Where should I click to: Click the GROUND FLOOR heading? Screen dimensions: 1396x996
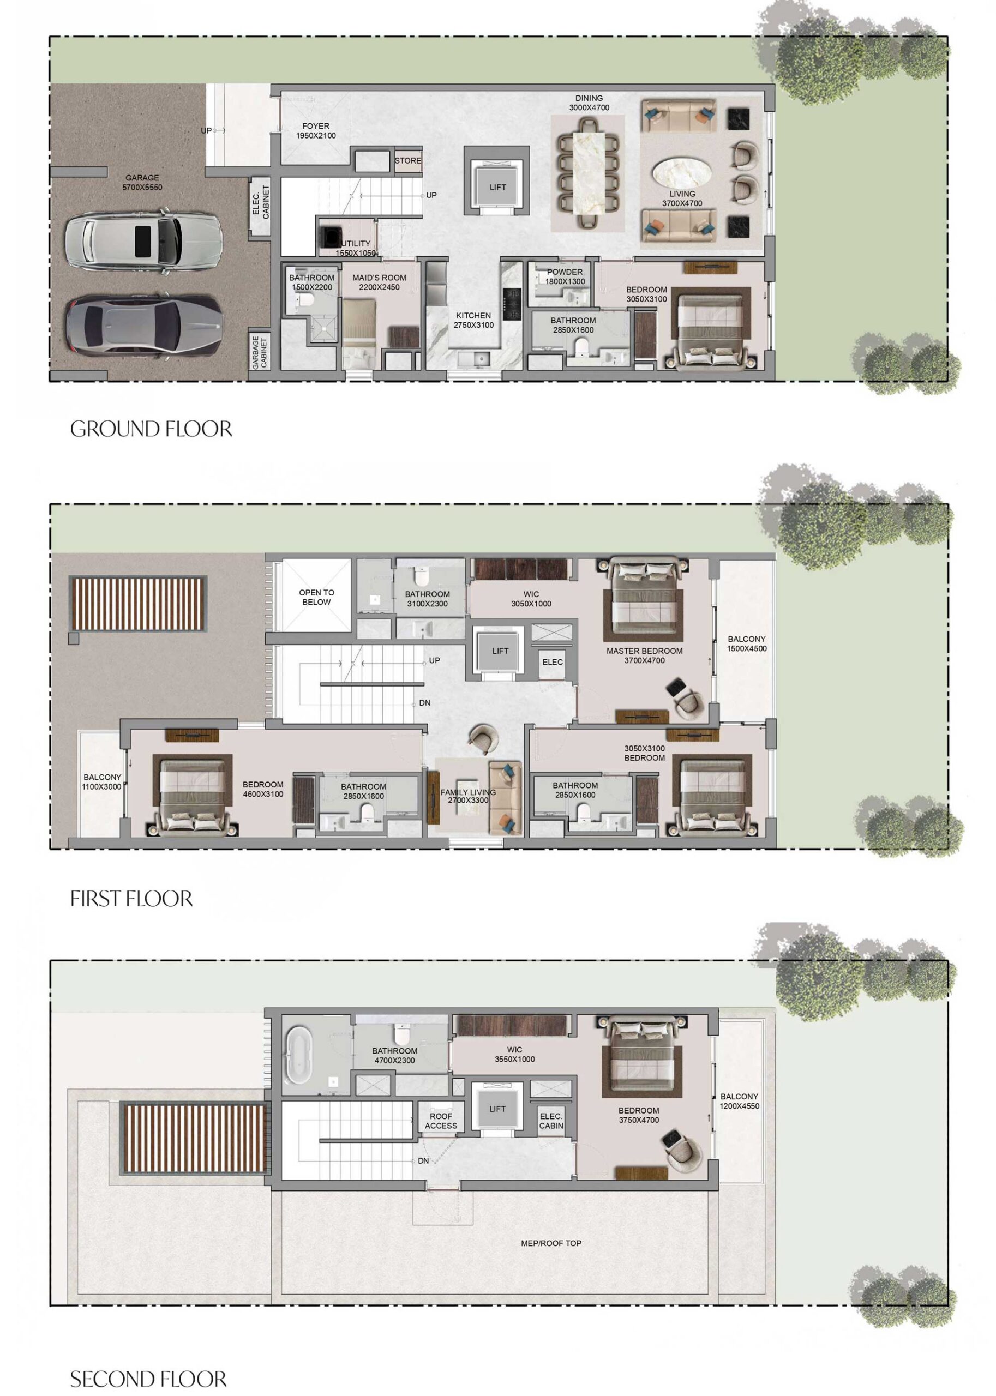(151, 429)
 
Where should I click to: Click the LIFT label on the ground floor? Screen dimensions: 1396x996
(497, 187)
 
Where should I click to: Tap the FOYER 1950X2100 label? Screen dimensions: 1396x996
(316, 130)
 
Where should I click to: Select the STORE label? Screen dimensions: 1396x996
(408, 161)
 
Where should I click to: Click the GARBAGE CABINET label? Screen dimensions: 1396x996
(260, 352)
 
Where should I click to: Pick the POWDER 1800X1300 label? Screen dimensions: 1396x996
(565, 276)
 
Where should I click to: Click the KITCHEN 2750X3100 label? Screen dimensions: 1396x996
(473, 320)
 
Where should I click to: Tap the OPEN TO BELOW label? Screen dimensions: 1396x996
(316, 597)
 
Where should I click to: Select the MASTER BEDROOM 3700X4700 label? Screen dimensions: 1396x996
(644, 655)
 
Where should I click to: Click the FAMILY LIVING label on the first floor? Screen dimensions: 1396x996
(467, 796)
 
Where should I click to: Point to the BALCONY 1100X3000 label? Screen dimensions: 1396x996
(102, 781)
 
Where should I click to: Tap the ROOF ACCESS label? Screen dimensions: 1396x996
(440, 1121)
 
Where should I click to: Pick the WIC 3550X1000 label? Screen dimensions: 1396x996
(514, 1054)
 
